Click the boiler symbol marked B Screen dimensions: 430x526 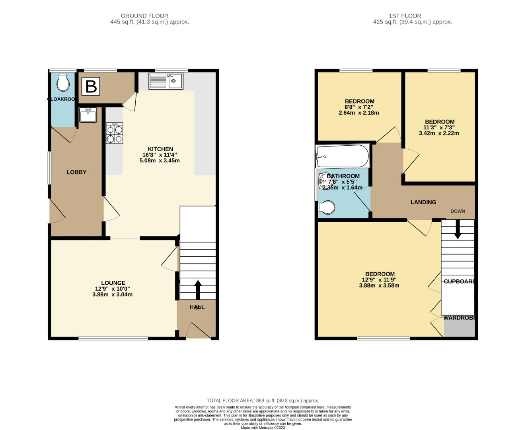point(91,86)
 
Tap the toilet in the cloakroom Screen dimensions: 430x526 point(63,82)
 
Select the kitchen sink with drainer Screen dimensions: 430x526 point(166,81)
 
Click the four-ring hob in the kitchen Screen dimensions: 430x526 point(114,133)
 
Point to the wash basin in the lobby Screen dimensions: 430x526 point(88,115)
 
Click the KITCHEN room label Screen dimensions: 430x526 point(160,149)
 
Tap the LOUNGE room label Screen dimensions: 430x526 point(113,283)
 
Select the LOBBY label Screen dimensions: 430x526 point(76,172)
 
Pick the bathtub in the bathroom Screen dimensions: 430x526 point(343,156)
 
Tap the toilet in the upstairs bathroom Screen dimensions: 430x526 point(327,207)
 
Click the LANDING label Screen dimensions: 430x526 point(423,202)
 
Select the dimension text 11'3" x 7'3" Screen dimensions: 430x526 point(439,127)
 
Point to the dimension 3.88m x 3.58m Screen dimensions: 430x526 point(379,285)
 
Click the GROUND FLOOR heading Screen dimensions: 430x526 point(144,16)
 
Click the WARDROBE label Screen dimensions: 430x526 point(459,318)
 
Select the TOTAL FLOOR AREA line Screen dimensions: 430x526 point(263,401)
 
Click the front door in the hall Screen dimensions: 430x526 point(198,332)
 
